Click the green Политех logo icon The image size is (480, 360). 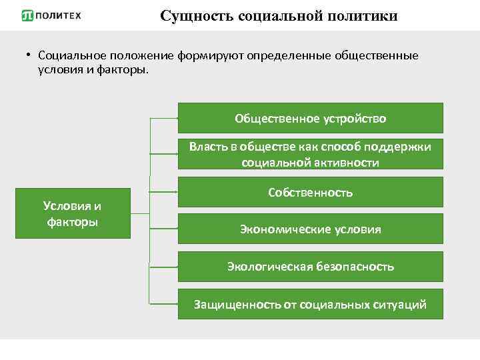click(27, 15)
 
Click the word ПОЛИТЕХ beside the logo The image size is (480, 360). click(57, 15)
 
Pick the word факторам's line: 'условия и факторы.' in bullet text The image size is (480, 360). click(90, 69)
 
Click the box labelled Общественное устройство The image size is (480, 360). click(310, 118)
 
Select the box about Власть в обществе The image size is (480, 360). click(310, 155)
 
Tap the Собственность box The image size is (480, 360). click(310, 192)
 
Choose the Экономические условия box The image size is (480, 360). click(310, 229)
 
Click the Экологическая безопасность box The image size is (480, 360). click(310, 266)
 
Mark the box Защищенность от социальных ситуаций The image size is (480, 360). click(310, 304)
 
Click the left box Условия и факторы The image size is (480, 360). click(72, 214)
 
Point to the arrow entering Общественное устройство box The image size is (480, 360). click(164, 119)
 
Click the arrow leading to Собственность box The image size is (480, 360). click(164, 192)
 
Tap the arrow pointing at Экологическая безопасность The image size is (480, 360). click(164, 267)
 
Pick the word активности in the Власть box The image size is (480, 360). click(344, 162)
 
